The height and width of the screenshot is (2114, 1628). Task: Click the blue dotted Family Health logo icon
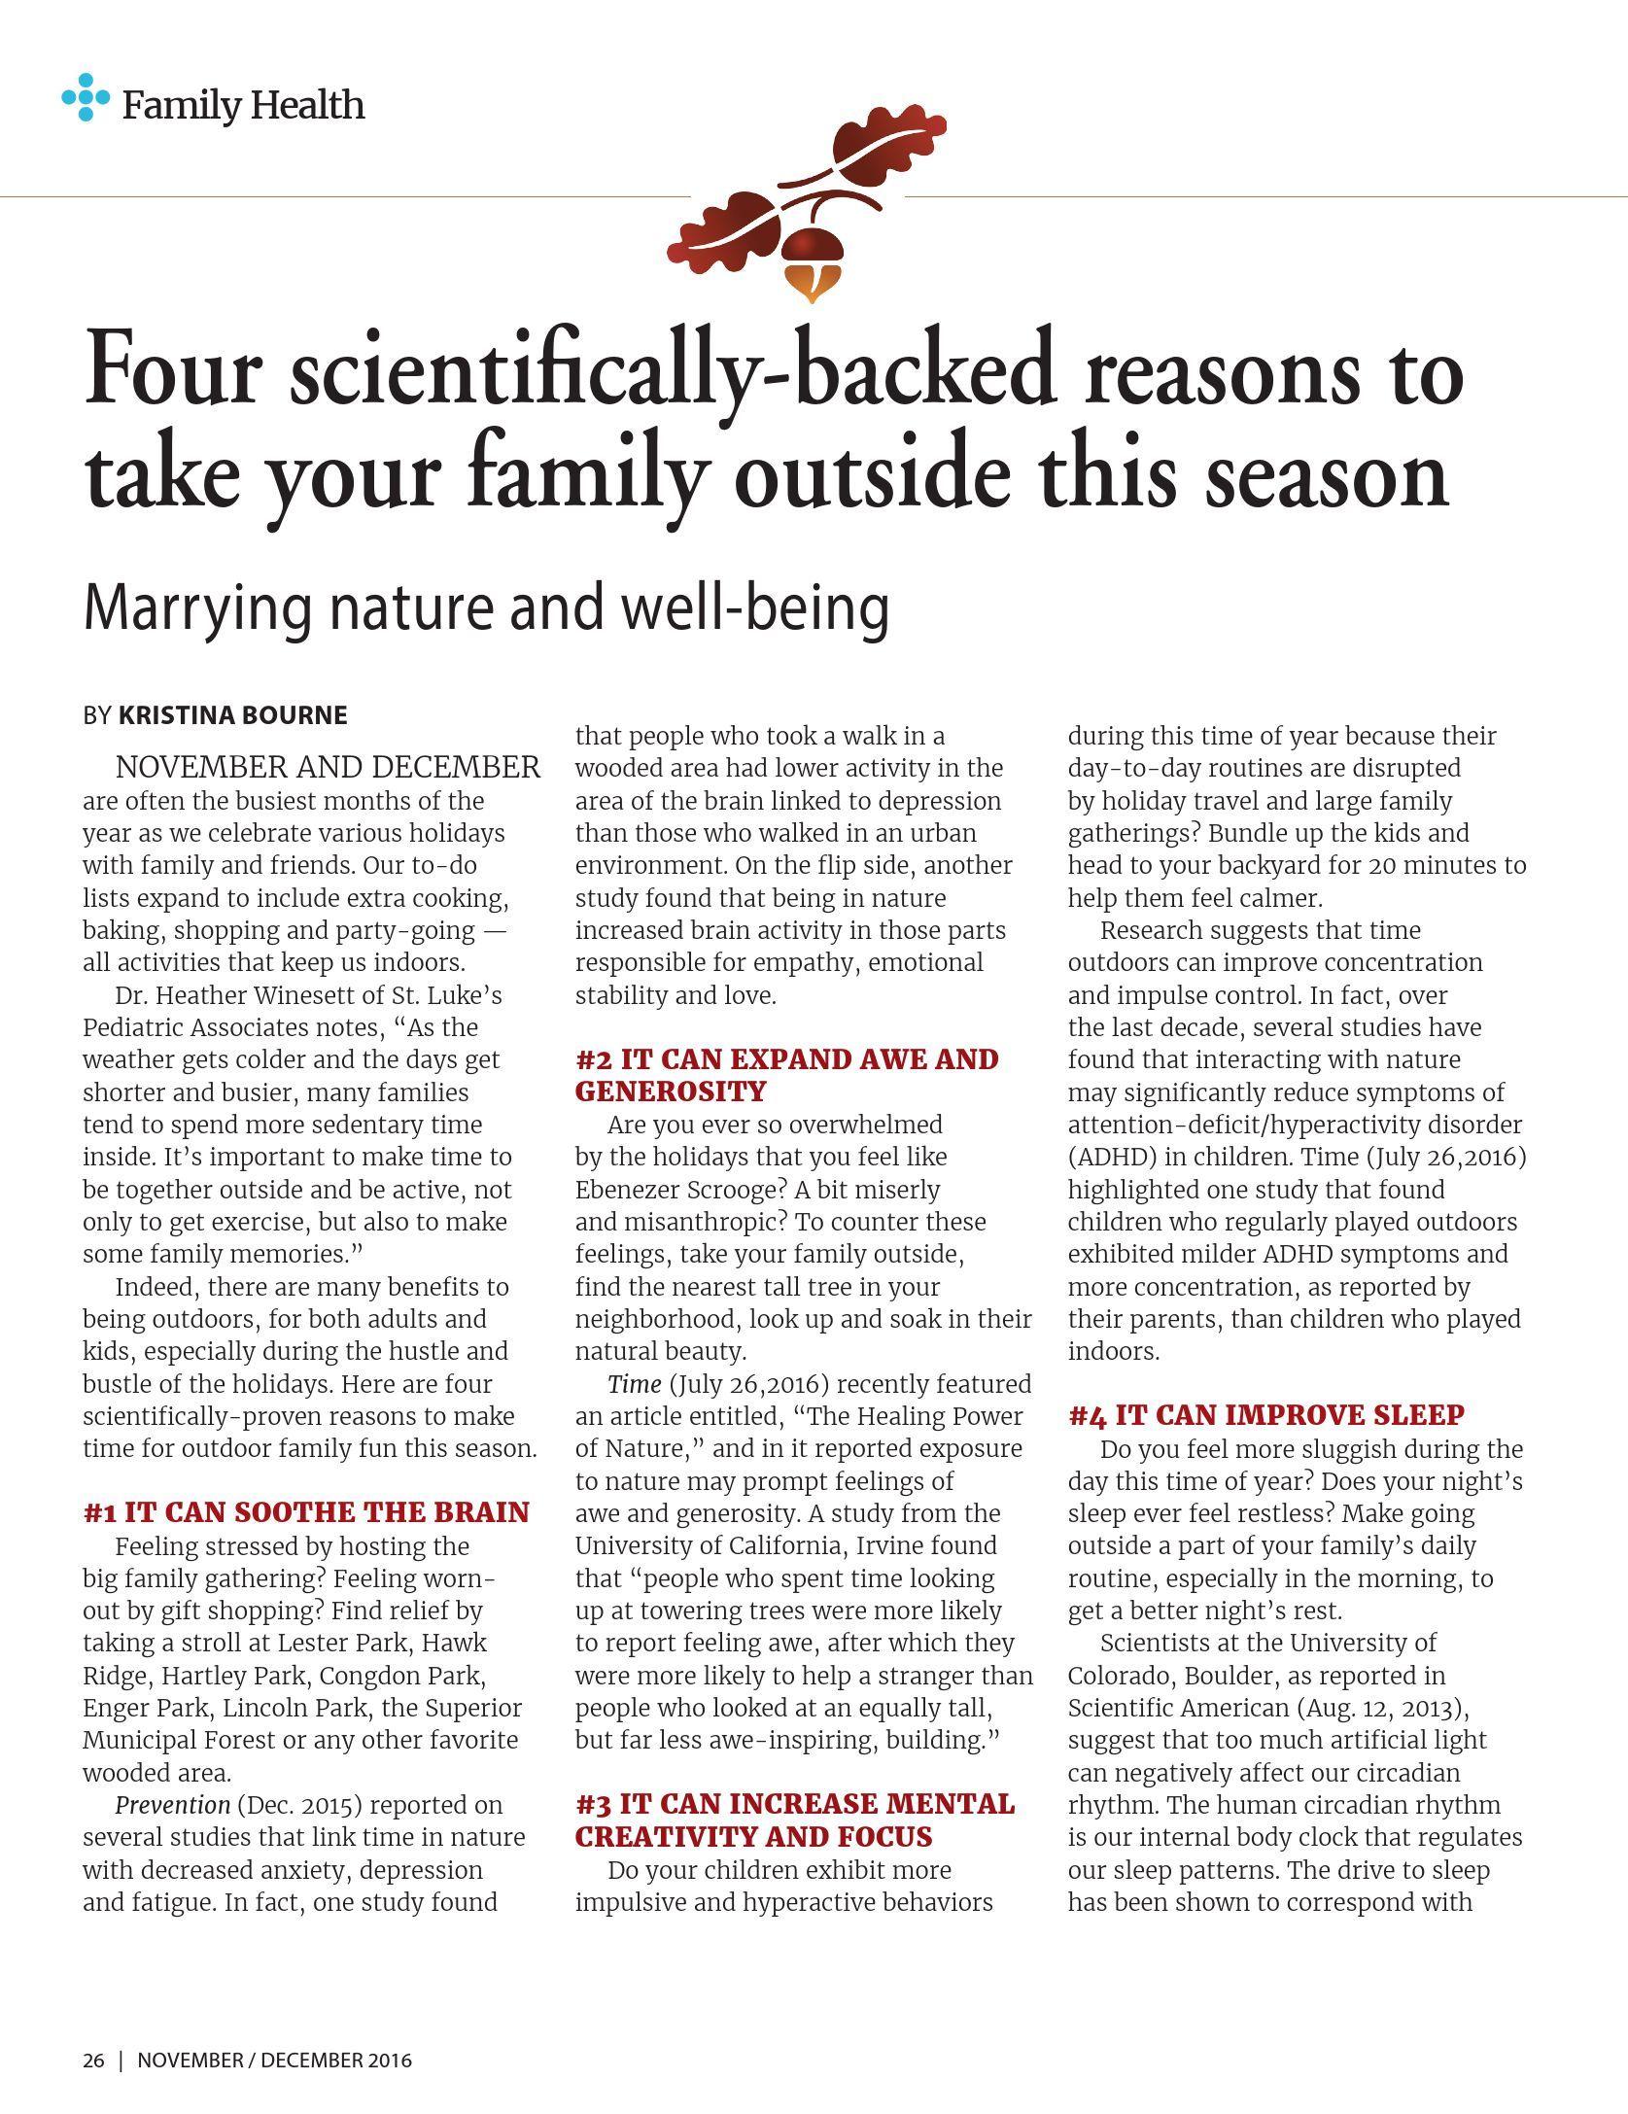point(86,97)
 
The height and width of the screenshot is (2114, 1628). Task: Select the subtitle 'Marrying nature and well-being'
point(486,606)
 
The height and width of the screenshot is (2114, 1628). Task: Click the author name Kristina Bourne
point(232,715)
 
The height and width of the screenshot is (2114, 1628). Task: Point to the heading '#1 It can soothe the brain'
point(306,1512)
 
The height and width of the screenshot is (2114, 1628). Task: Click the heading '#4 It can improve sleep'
point(1265,1415)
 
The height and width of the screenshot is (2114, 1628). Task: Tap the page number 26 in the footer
point(93,2061)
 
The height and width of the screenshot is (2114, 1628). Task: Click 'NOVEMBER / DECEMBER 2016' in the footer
point(274,2061)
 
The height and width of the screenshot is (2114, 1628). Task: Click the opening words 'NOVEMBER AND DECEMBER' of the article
point(328,768)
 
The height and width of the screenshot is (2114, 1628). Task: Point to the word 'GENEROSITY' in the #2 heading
point(671,1092)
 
